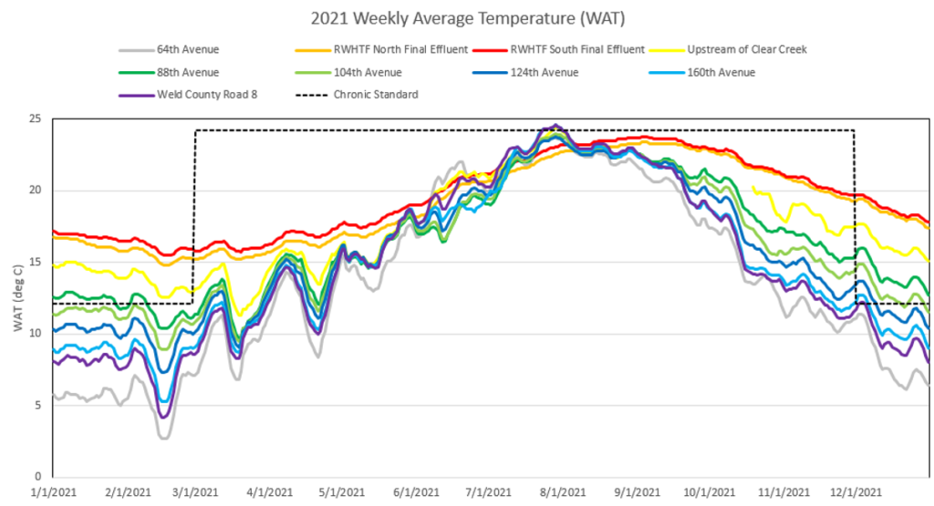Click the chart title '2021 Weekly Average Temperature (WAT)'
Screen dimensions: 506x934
466,18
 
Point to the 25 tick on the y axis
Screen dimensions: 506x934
36,119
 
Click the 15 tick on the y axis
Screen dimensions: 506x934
36,262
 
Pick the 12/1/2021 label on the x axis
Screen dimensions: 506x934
856,492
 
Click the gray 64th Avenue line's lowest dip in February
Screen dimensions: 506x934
165,439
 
